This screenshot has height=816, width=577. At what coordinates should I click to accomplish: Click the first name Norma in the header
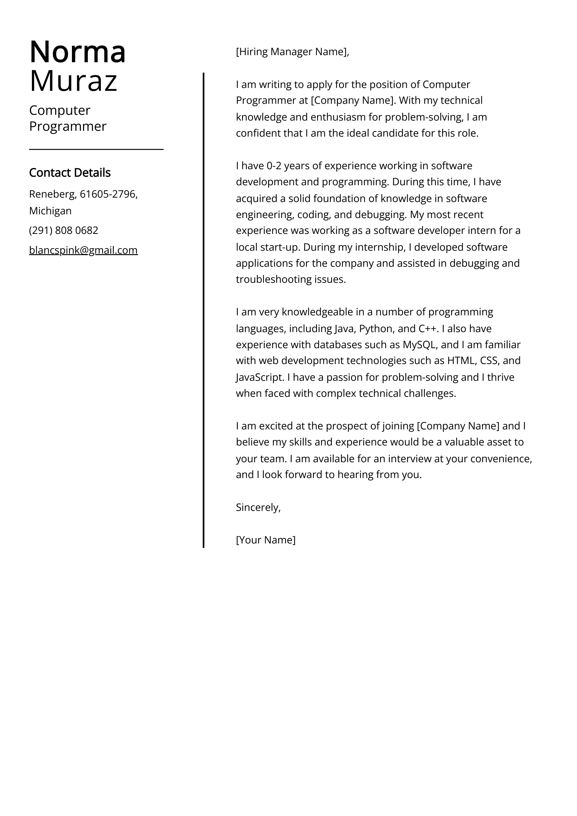[78, 52]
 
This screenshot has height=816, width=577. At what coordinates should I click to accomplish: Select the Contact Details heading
[70, 173]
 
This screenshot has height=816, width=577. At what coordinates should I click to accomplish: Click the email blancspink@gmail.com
[83, 250]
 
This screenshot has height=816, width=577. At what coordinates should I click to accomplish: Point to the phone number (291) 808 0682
[64, 230]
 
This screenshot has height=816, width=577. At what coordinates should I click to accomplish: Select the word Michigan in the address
[50, 211]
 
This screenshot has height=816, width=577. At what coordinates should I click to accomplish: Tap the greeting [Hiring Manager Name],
[292, 52]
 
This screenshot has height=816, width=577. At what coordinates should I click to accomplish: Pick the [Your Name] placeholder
[266, 540]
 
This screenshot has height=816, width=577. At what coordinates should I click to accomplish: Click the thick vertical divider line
[203, 309]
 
